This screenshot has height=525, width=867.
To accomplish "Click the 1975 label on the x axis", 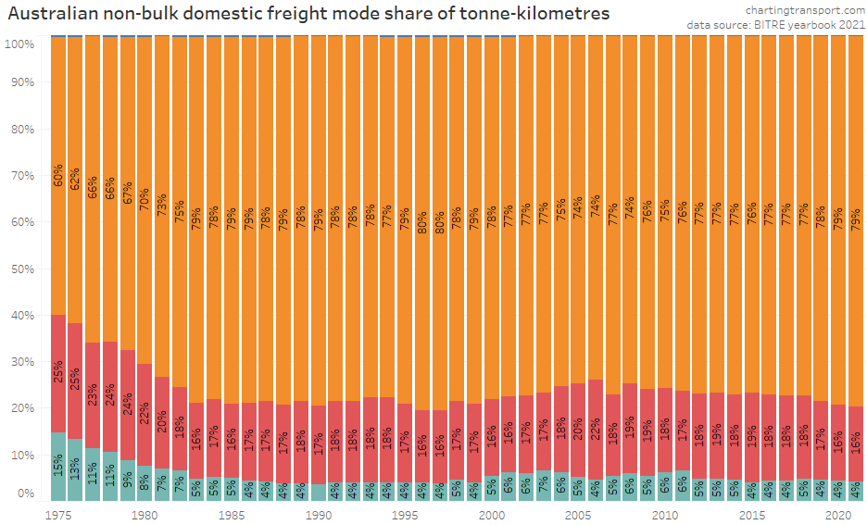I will [x=58, y=513].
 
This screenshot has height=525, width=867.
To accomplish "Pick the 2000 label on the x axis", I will [x=492, y=513].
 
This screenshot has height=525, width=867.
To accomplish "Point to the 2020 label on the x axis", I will [x=838, y=513].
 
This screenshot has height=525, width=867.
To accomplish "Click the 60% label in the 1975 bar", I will [x=58, y=176].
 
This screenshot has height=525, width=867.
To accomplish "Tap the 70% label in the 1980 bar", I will [x=144, y=199].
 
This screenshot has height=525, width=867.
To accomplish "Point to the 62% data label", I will [x=76, y=181].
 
